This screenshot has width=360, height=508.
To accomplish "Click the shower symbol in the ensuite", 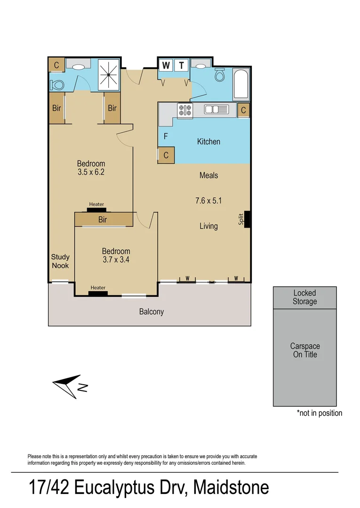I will pos(109,74).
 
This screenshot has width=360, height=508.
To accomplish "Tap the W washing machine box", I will pos(166,65).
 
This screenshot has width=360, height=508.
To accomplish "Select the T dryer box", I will pos(182,65).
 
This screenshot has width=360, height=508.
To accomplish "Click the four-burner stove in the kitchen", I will pos(184,110).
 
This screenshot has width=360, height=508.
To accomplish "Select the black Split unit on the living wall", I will pos(248,219).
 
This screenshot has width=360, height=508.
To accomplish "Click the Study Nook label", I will pos(60,261).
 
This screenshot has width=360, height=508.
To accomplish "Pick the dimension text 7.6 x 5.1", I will pos(208,201).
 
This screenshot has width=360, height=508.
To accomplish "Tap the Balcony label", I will pos(151,311).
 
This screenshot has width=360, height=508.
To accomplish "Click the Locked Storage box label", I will pos(304,297).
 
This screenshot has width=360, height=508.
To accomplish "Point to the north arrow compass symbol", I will pos(69,386).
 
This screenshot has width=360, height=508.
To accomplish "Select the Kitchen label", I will pos(208,142).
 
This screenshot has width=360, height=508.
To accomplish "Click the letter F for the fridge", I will pos(165,137).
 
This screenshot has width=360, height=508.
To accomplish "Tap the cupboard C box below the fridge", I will pos(166,155).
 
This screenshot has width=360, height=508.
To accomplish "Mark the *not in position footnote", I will pos(319,413).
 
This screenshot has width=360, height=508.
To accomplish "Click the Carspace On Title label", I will pos(304,350).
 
